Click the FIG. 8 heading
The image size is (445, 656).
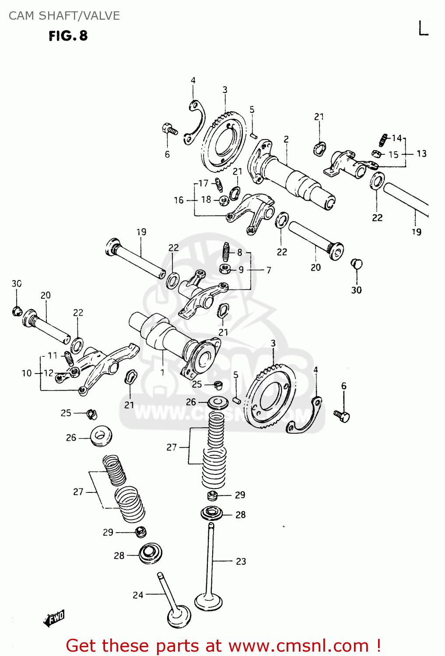tap(68, 36)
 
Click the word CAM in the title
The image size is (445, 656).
tap(21, 16)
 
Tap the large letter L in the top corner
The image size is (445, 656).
tap(423, 28)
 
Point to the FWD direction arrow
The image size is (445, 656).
tap(54, 618)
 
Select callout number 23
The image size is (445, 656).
tap(241, 561)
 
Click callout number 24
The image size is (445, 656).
tap(138, 595)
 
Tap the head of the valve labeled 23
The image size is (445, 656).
tap(209, 602)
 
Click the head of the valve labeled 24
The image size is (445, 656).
tap(179, 617)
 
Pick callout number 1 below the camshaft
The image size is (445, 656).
tap(162, 373)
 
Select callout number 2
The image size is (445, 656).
tap(286, 139)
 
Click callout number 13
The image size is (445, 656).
tap(421, 154)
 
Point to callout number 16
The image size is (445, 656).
tap(179, 200)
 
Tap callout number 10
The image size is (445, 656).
tap(27, 373)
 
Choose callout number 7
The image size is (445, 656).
tap(269, 270)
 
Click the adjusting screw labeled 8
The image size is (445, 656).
tap(226, 251)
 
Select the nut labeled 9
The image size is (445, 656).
tap(225, 269)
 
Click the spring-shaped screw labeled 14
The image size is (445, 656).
tap(383, 140)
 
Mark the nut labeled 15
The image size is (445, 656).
tap(375, 154)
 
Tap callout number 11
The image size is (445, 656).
tap(53, 355)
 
